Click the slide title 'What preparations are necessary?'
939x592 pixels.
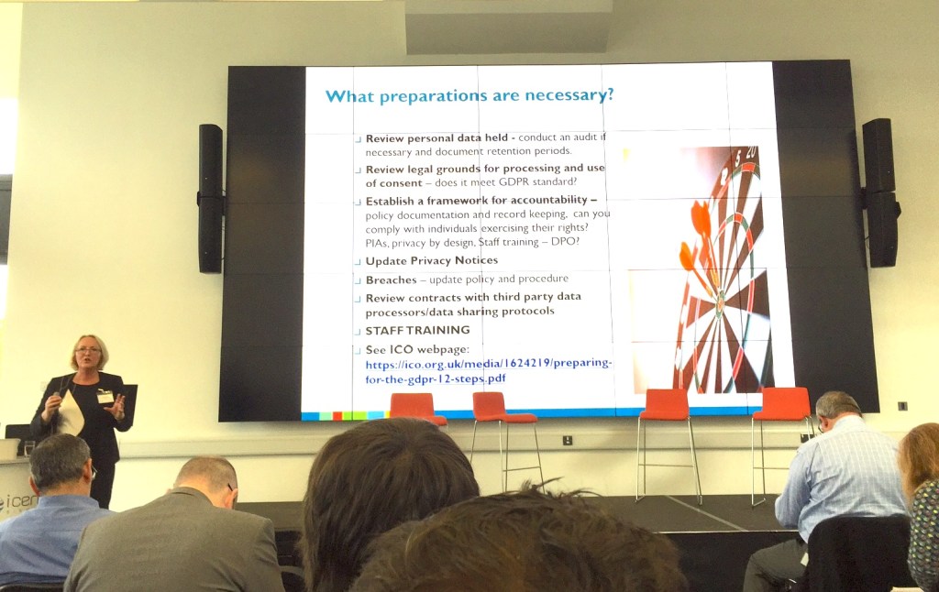coord(469,95)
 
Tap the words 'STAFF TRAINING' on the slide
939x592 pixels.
coord(417,330)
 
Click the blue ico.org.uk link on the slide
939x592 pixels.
coord(488,371)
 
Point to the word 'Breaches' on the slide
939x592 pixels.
coord(391,280)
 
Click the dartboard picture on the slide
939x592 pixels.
coord(720,275)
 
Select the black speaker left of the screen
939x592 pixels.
coord(210,198)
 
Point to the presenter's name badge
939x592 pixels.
coord(105,396)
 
